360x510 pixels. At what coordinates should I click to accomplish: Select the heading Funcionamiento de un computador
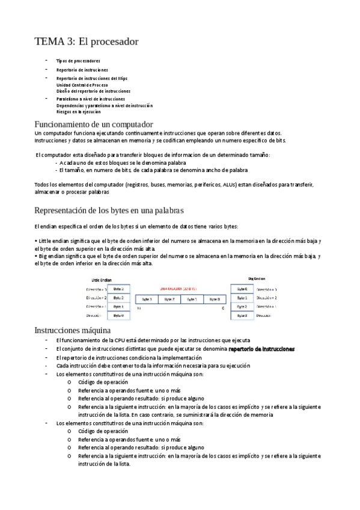pos(97,124)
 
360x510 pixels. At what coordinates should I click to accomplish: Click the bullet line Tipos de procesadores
pos(78,61)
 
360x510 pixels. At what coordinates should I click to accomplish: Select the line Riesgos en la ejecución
pos(78,111)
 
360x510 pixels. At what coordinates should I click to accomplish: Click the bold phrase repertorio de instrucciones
pos(261,349)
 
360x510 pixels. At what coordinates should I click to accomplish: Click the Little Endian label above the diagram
pos(102,280)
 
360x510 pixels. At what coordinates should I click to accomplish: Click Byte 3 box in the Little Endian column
pos(118,289)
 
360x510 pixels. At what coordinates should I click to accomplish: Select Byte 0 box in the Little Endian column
pos(118,315)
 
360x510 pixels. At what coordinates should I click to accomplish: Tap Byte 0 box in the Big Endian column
pos(242,289)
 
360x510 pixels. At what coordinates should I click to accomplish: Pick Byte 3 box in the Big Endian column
pos(242,315)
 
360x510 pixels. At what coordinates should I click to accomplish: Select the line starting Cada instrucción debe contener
pos(153,366)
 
